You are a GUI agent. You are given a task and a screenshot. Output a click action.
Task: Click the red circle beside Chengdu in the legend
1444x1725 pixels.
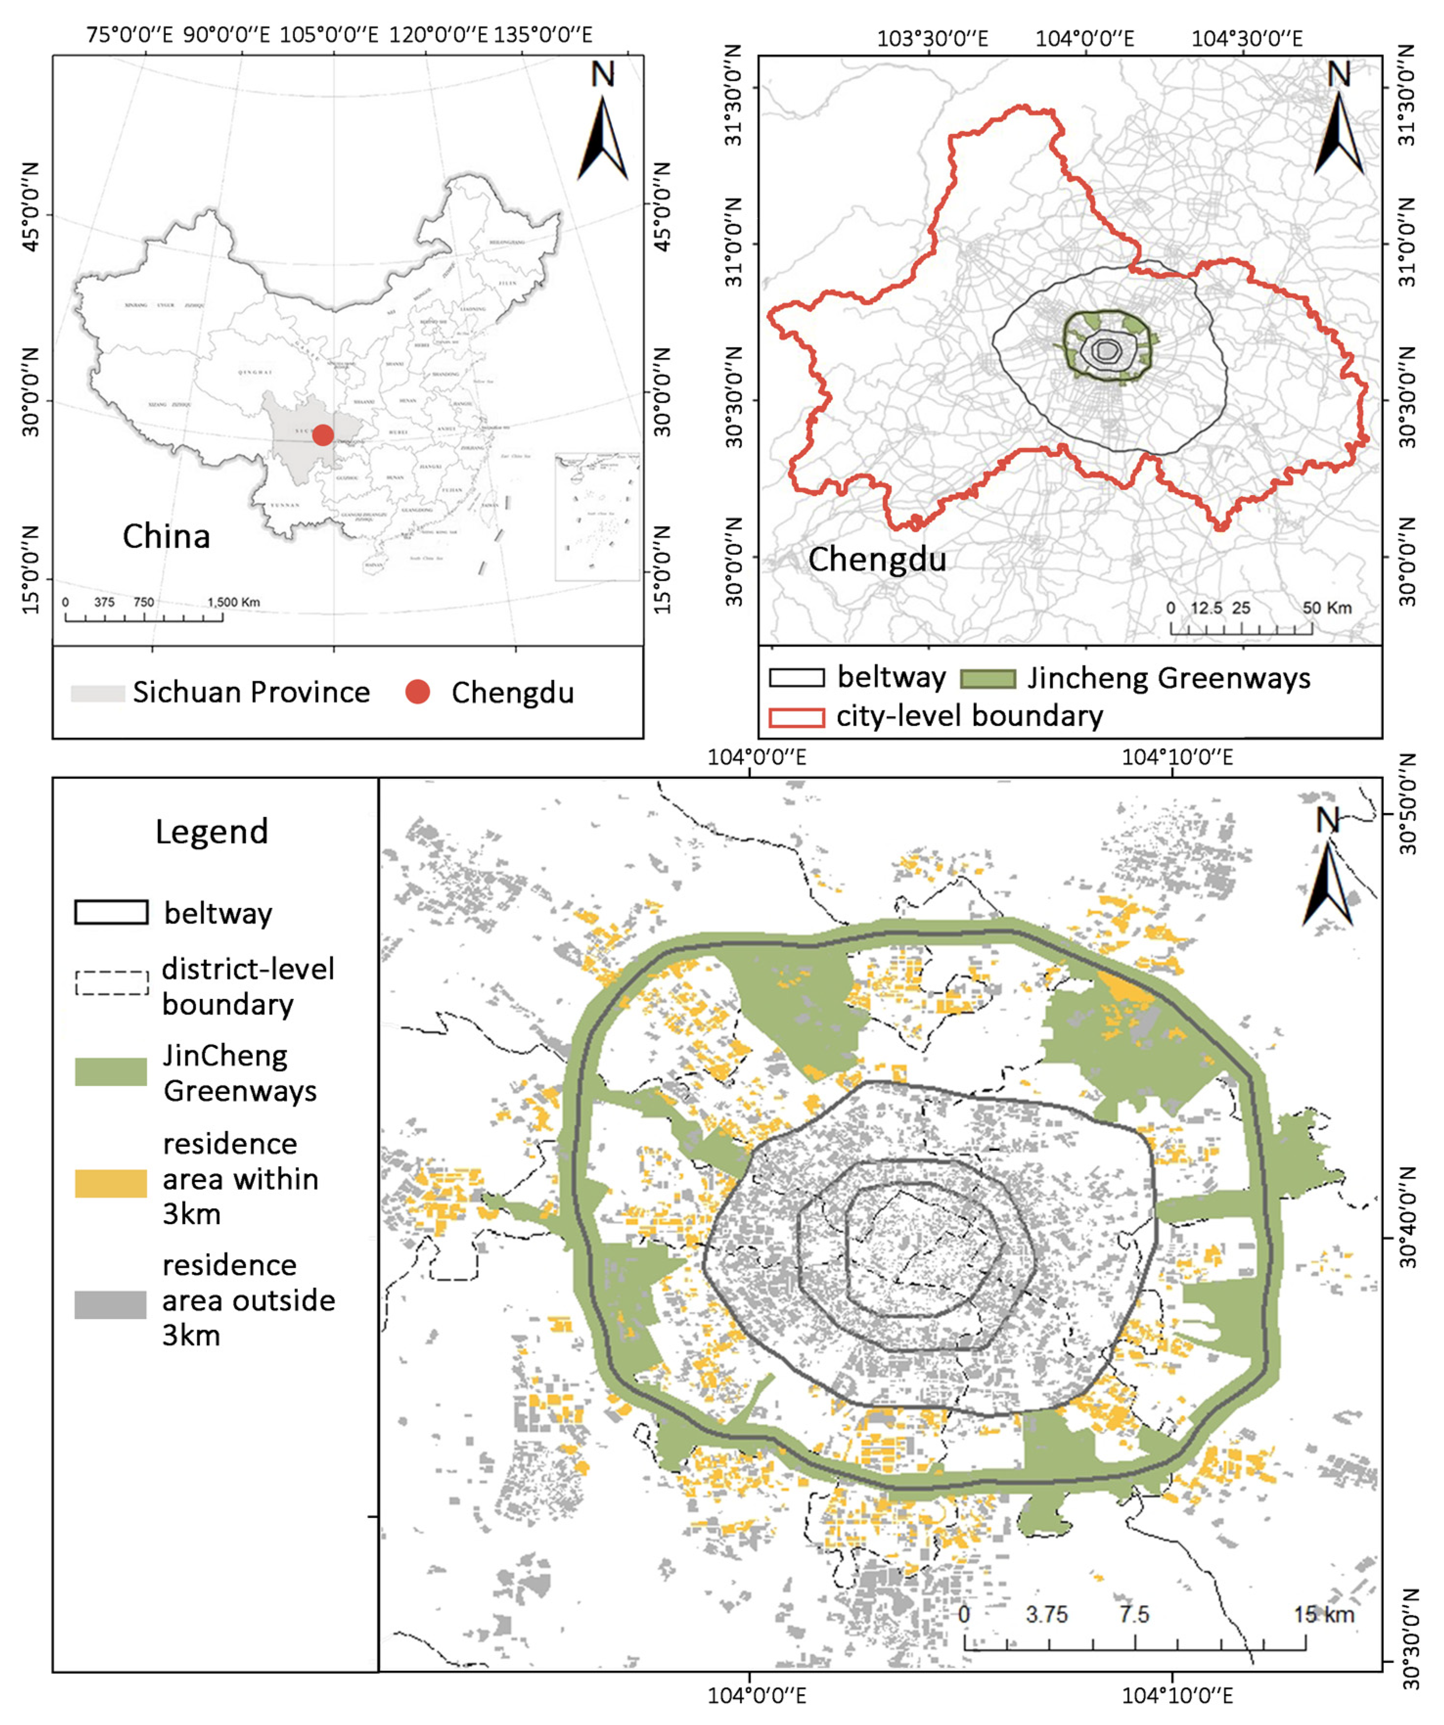[418, 692]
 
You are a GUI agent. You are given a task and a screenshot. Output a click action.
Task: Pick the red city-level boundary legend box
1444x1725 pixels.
[796, 717]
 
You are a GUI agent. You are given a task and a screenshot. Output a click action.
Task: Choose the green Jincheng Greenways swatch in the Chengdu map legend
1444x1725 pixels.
[988, 679]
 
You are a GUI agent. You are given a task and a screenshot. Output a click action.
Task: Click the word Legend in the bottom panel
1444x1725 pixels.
[212, 831]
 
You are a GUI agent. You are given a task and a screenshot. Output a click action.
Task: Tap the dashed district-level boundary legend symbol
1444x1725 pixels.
[112, 983]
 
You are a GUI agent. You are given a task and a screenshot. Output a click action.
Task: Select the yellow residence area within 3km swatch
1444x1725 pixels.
[111, 1183]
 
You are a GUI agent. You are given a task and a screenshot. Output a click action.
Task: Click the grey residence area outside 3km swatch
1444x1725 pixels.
[111, 1304]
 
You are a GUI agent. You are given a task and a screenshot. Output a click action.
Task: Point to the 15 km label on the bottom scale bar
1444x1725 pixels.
[1323, 1614]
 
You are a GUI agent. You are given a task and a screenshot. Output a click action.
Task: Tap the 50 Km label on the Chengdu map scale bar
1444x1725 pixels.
[1327, 608]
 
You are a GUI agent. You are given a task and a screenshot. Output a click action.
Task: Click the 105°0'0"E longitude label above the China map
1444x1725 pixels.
[329, 35]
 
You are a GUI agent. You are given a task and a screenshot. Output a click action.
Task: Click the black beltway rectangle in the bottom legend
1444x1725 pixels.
[112, 912]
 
